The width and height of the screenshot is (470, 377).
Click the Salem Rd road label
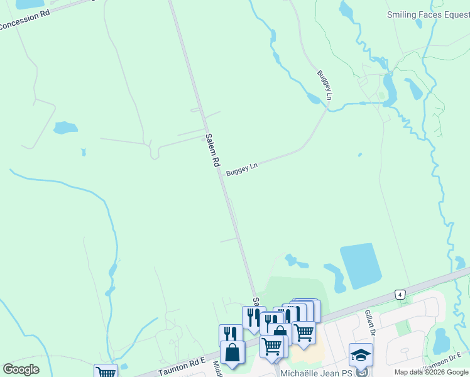click(x=212, y=150)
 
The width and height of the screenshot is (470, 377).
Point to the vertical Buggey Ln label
click(x=324, y=86)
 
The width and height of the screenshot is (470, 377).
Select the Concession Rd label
click(x=25, y=23)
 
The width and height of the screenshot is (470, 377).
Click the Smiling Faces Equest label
click(x=428, y=14)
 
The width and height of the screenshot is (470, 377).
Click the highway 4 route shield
click(x=399, y=294)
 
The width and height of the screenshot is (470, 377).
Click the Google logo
click(x=21, y=369)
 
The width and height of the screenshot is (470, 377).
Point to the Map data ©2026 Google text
click(x=432, y=372)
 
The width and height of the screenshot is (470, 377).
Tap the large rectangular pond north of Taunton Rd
click(x=361, y=266)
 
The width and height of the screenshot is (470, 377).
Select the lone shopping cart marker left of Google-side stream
click(x=106, y=371)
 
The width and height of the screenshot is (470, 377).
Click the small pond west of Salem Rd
click(x=65, y=128)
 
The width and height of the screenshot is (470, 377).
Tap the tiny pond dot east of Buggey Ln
click(x=359, y=155)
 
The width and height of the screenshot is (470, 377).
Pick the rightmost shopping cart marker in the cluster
click(x=304, y=331)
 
